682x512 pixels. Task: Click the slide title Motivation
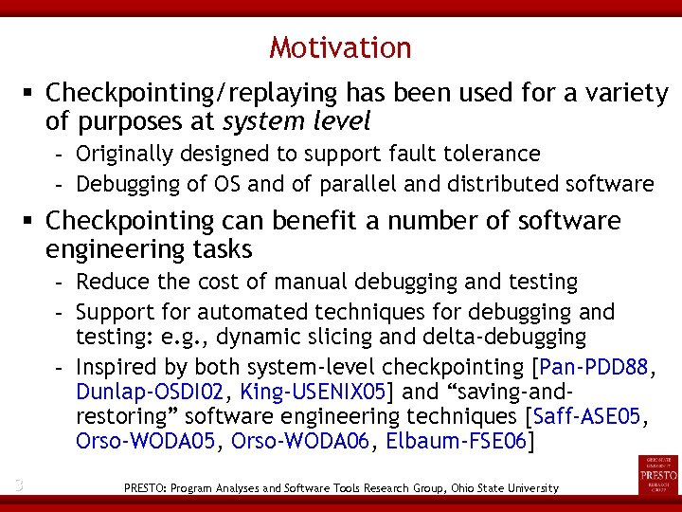(340, 47)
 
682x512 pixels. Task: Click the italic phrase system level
(296, 122)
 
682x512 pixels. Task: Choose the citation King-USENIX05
(312, 392)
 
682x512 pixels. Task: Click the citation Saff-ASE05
(587, 416)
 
